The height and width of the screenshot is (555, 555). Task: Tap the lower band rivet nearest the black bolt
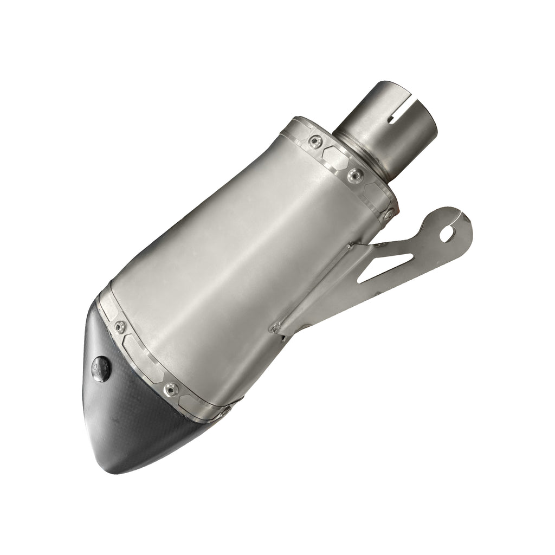click(120, 326)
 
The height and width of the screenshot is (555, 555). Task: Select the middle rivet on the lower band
click(171, 388)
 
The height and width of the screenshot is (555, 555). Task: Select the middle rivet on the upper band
click(355, 175)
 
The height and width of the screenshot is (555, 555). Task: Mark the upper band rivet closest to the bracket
click(388, 214)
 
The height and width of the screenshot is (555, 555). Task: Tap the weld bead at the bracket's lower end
click(275, 327)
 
